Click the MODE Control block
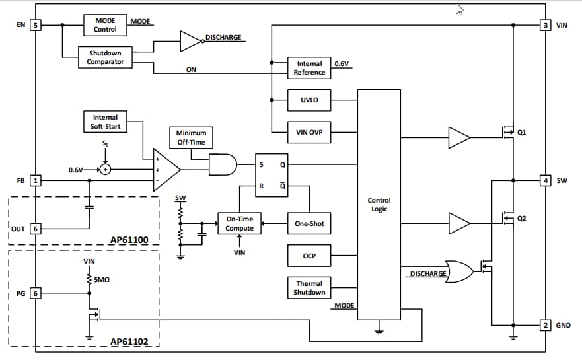pos(105,25)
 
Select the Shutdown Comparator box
pos(105,57)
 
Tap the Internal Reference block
pos(309,68)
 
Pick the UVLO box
pos(309,100)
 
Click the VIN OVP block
pos(309,132)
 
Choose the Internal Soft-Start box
pos(106,122)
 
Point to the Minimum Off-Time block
pos(191,137)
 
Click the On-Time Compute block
pos(240,223)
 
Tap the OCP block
pos(309,255)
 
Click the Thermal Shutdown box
pos(309,288)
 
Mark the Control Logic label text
pos(379,205)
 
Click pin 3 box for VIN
pos(545,25)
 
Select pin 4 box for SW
pos(545,180)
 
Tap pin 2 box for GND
pos(545,325)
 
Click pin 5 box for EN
pos(36,25)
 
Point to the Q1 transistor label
pos(522,132)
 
